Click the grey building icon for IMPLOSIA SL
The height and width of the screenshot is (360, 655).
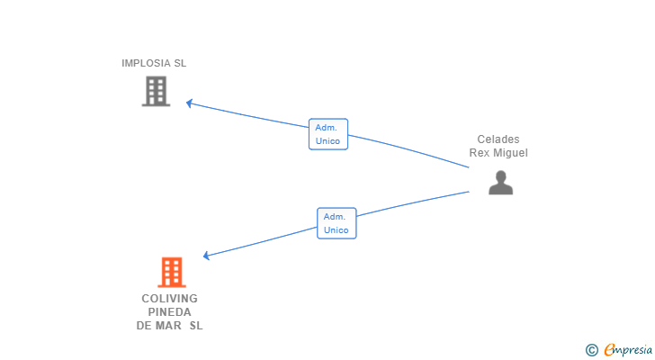pos(156,91)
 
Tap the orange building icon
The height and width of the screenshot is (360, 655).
pos(171,272)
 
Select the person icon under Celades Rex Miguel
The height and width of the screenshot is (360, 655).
pos(500,183)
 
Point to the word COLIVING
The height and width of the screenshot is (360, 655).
pos(169,299)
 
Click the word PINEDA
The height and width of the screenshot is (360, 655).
pos(169,312)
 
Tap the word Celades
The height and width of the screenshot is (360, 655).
pos(498,139)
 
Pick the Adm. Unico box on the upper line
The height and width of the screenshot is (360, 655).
pos(327,134)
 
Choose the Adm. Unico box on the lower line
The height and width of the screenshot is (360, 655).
pos(336,223)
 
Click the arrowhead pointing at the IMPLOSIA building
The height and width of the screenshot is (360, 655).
pos(190,103)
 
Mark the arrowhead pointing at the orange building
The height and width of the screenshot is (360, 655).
pos(207,256)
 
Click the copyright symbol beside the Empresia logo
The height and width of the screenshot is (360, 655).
pos(591,350)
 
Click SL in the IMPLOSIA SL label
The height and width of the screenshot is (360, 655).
pos(180,63)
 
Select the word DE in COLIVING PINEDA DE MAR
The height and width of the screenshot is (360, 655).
pos(144,326)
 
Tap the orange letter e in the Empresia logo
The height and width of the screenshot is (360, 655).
pos(609,350)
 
